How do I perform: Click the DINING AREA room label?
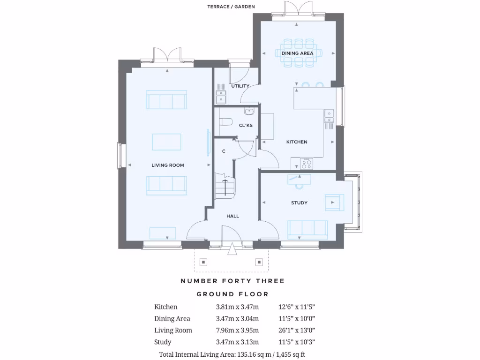[x=297, y=53]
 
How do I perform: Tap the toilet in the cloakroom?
[x=226, y=122]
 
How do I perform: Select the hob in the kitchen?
[x=307, y=165]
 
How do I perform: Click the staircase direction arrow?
[x=225, y=187]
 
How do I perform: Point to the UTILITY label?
[x=240, y=86]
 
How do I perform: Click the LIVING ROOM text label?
[x=167, y=165]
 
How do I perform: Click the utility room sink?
[x=221, y=97]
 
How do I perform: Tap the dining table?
[x=297, y=53]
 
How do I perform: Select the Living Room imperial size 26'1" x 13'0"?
[x=297, y=330]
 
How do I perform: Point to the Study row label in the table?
[x=163, y=342]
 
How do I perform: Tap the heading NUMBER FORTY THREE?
[x=232, y=281]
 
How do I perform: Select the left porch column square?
[x=203, y=262]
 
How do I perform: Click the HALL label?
[x=232, y=216]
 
